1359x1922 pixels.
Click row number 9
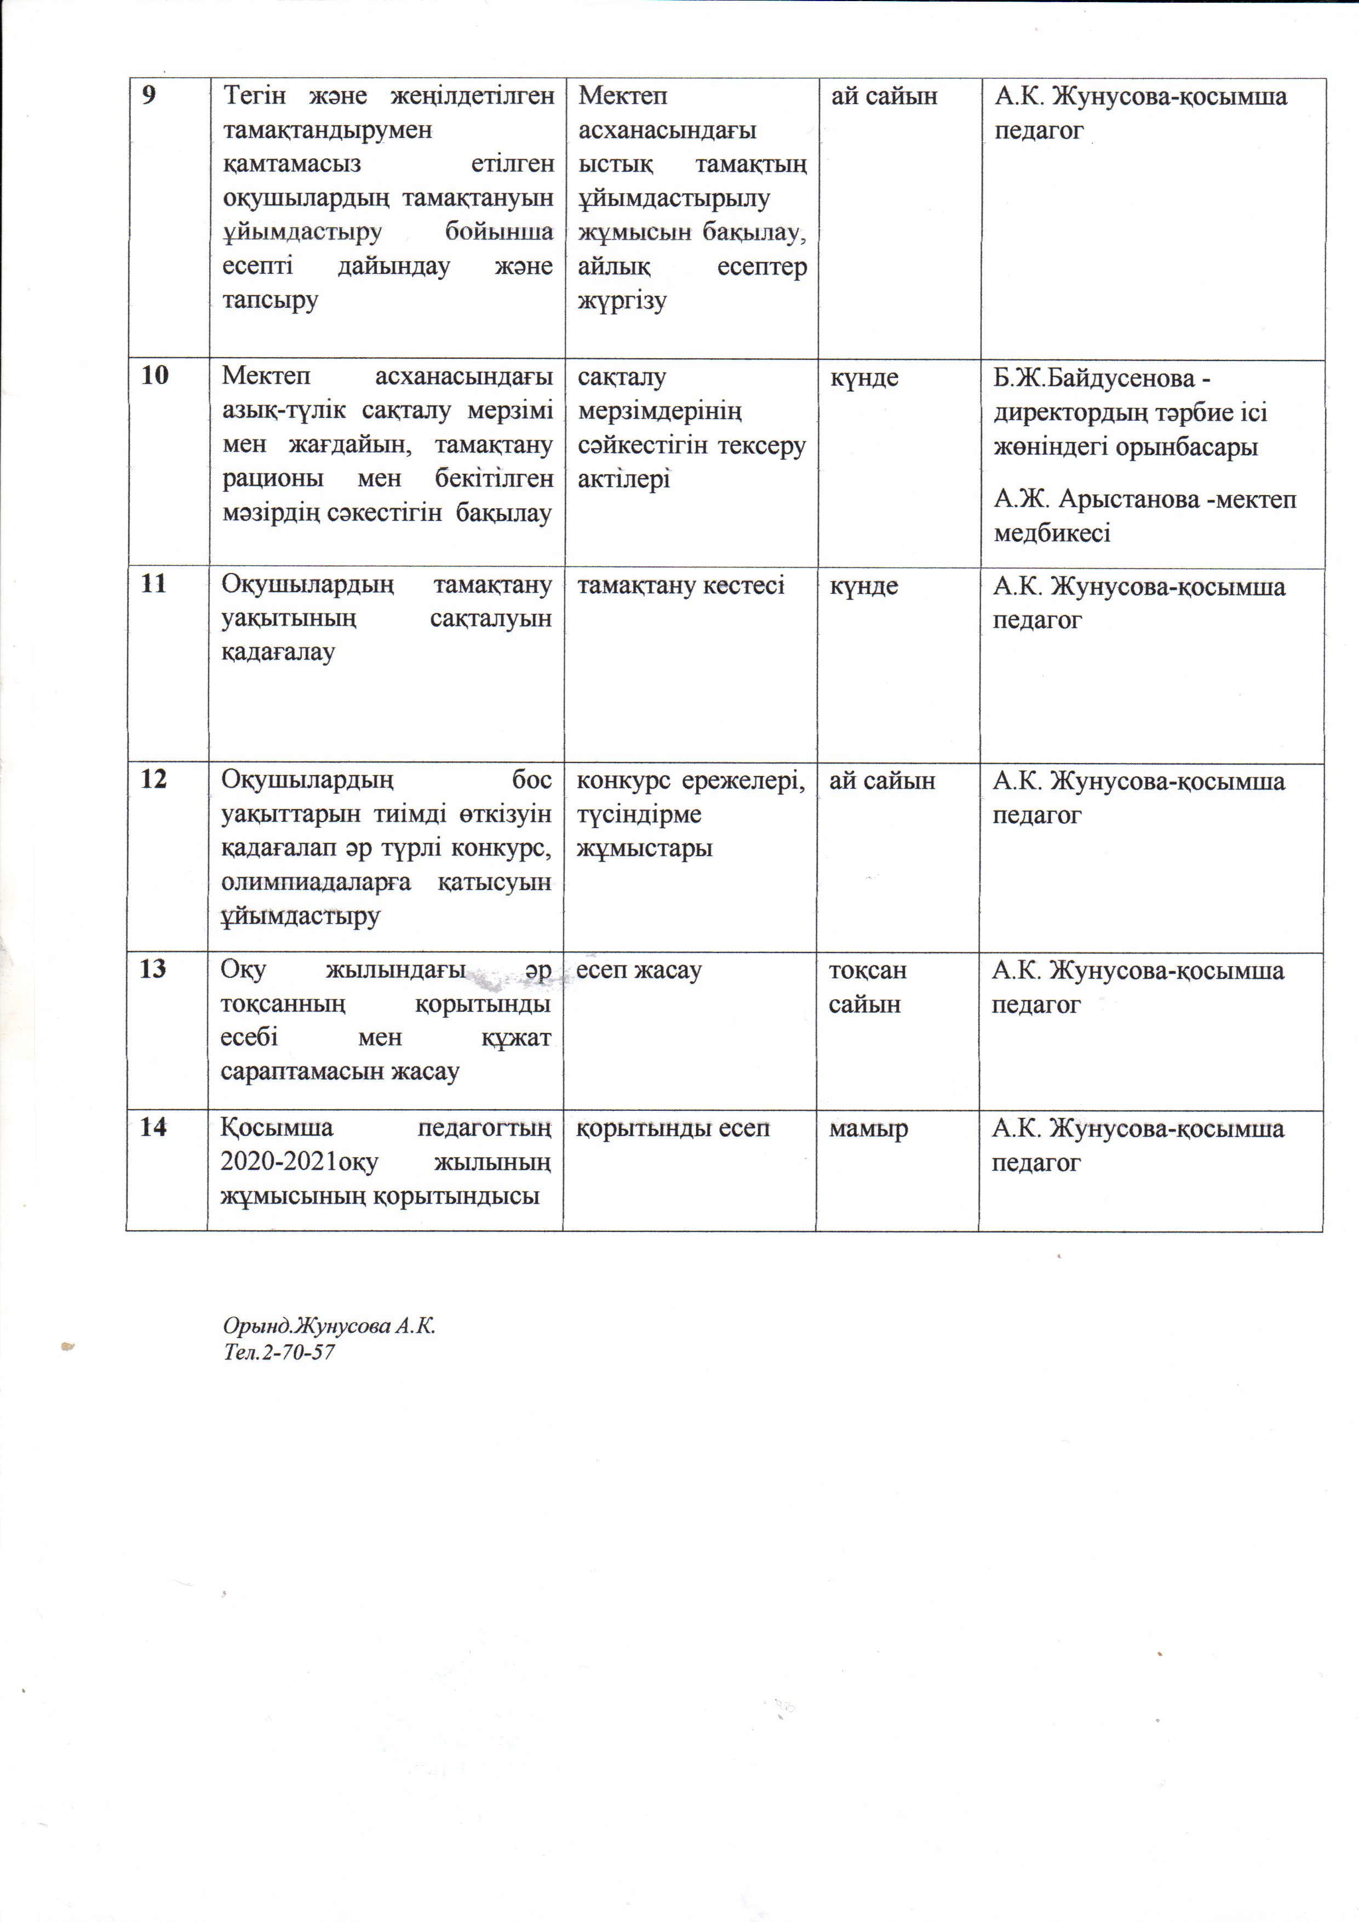[x=149, y=95]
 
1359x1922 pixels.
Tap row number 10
[x=155, y=375]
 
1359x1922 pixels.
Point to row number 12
[x=154, y=779]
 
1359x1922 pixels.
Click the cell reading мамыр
[x=868, y=1128]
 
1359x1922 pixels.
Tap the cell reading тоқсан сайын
[x=868, y=987]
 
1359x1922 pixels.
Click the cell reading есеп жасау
[x=639, y=970]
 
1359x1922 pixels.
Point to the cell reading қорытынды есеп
[x=673, y=1128]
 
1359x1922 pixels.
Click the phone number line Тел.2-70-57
[x=279, y=1351]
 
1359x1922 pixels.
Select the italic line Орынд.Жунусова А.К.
[x=329, y=1326]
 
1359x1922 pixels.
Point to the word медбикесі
[x=1052, y=533]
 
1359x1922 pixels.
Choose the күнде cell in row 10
[x=864, y=377]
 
